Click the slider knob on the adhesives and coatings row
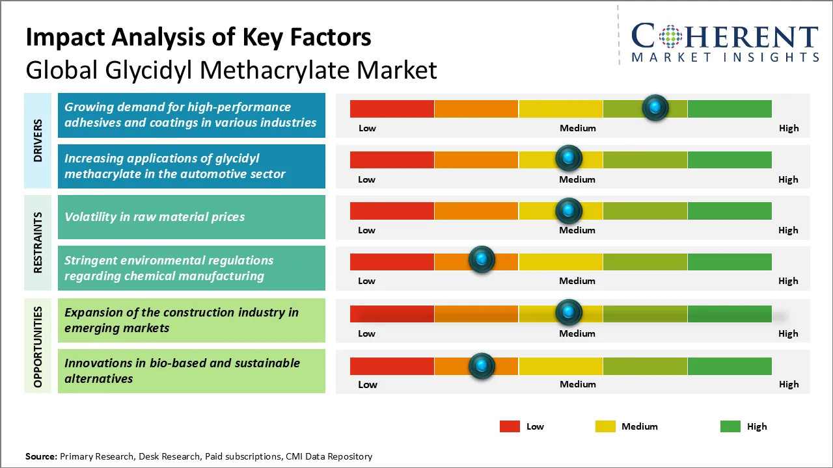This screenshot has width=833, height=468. point(655,107)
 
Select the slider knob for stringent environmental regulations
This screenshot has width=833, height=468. point(482,260)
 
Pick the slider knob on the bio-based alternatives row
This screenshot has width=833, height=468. point(482,366)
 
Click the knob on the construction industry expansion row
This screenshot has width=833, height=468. point(569,313)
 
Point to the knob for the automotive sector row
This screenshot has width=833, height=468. point(569,158)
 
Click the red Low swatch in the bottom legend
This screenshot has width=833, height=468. point(510,426)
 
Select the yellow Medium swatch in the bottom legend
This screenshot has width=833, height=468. point(605,426)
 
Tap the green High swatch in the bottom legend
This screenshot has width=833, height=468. point(730,426)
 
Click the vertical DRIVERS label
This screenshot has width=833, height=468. point(38,140)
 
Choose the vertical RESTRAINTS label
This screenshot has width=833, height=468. point(38,242)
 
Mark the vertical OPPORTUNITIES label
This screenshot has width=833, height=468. point(38,346)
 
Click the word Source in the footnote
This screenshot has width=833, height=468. point(40,456)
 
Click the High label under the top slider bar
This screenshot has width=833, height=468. point(788,128)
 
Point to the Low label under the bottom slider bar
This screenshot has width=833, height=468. point(367,384)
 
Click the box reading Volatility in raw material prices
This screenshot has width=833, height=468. point(191,217)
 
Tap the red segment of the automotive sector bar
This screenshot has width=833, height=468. point(392,159)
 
